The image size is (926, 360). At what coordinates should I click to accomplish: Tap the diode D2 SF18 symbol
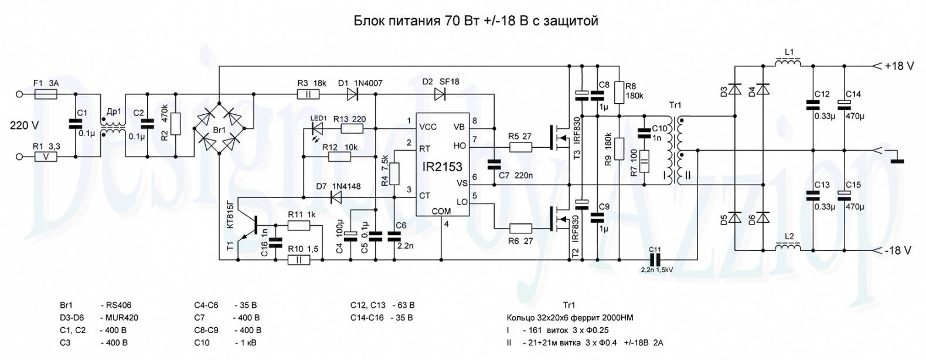pos(439,94)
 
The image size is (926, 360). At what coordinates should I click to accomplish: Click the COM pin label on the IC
pos(441,211)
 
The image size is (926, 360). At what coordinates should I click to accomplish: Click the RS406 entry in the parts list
pos(120,305)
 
